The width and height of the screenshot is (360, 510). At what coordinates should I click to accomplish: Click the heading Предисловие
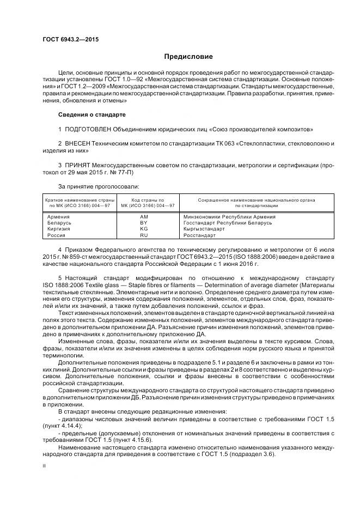point(189,57)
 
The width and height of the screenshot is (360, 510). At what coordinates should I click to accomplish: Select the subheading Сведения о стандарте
point(91,115)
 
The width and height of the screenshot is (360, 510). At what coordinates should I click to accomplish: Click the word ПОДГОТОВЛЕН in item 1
point(87,129)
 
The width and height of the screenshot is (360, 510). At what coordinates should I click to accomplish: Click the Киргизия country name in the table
point(59,229)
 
